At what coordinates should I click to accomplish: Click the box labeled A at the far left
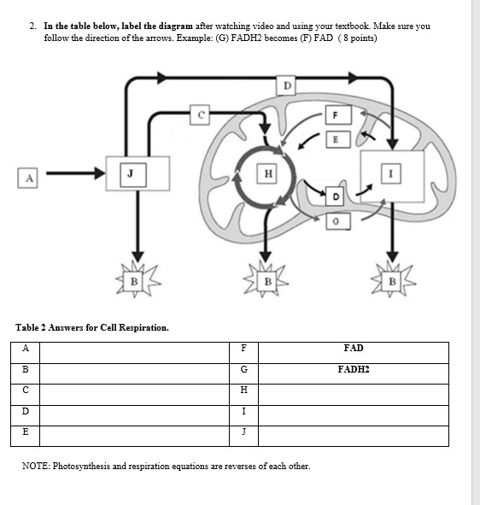29,177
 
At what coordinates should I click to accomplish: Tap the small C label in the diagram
201,113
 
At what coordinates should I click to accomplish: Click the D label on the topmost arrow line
287,85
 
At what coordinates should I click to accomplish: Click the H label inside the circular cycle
268,174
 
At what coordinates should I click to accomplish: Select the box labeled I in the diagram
392,174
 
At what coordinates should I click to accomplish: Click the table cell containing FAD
353,349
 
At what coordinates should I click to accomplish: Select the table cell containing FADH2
353,370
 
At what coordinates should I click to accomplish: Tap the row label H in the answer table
244,390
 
